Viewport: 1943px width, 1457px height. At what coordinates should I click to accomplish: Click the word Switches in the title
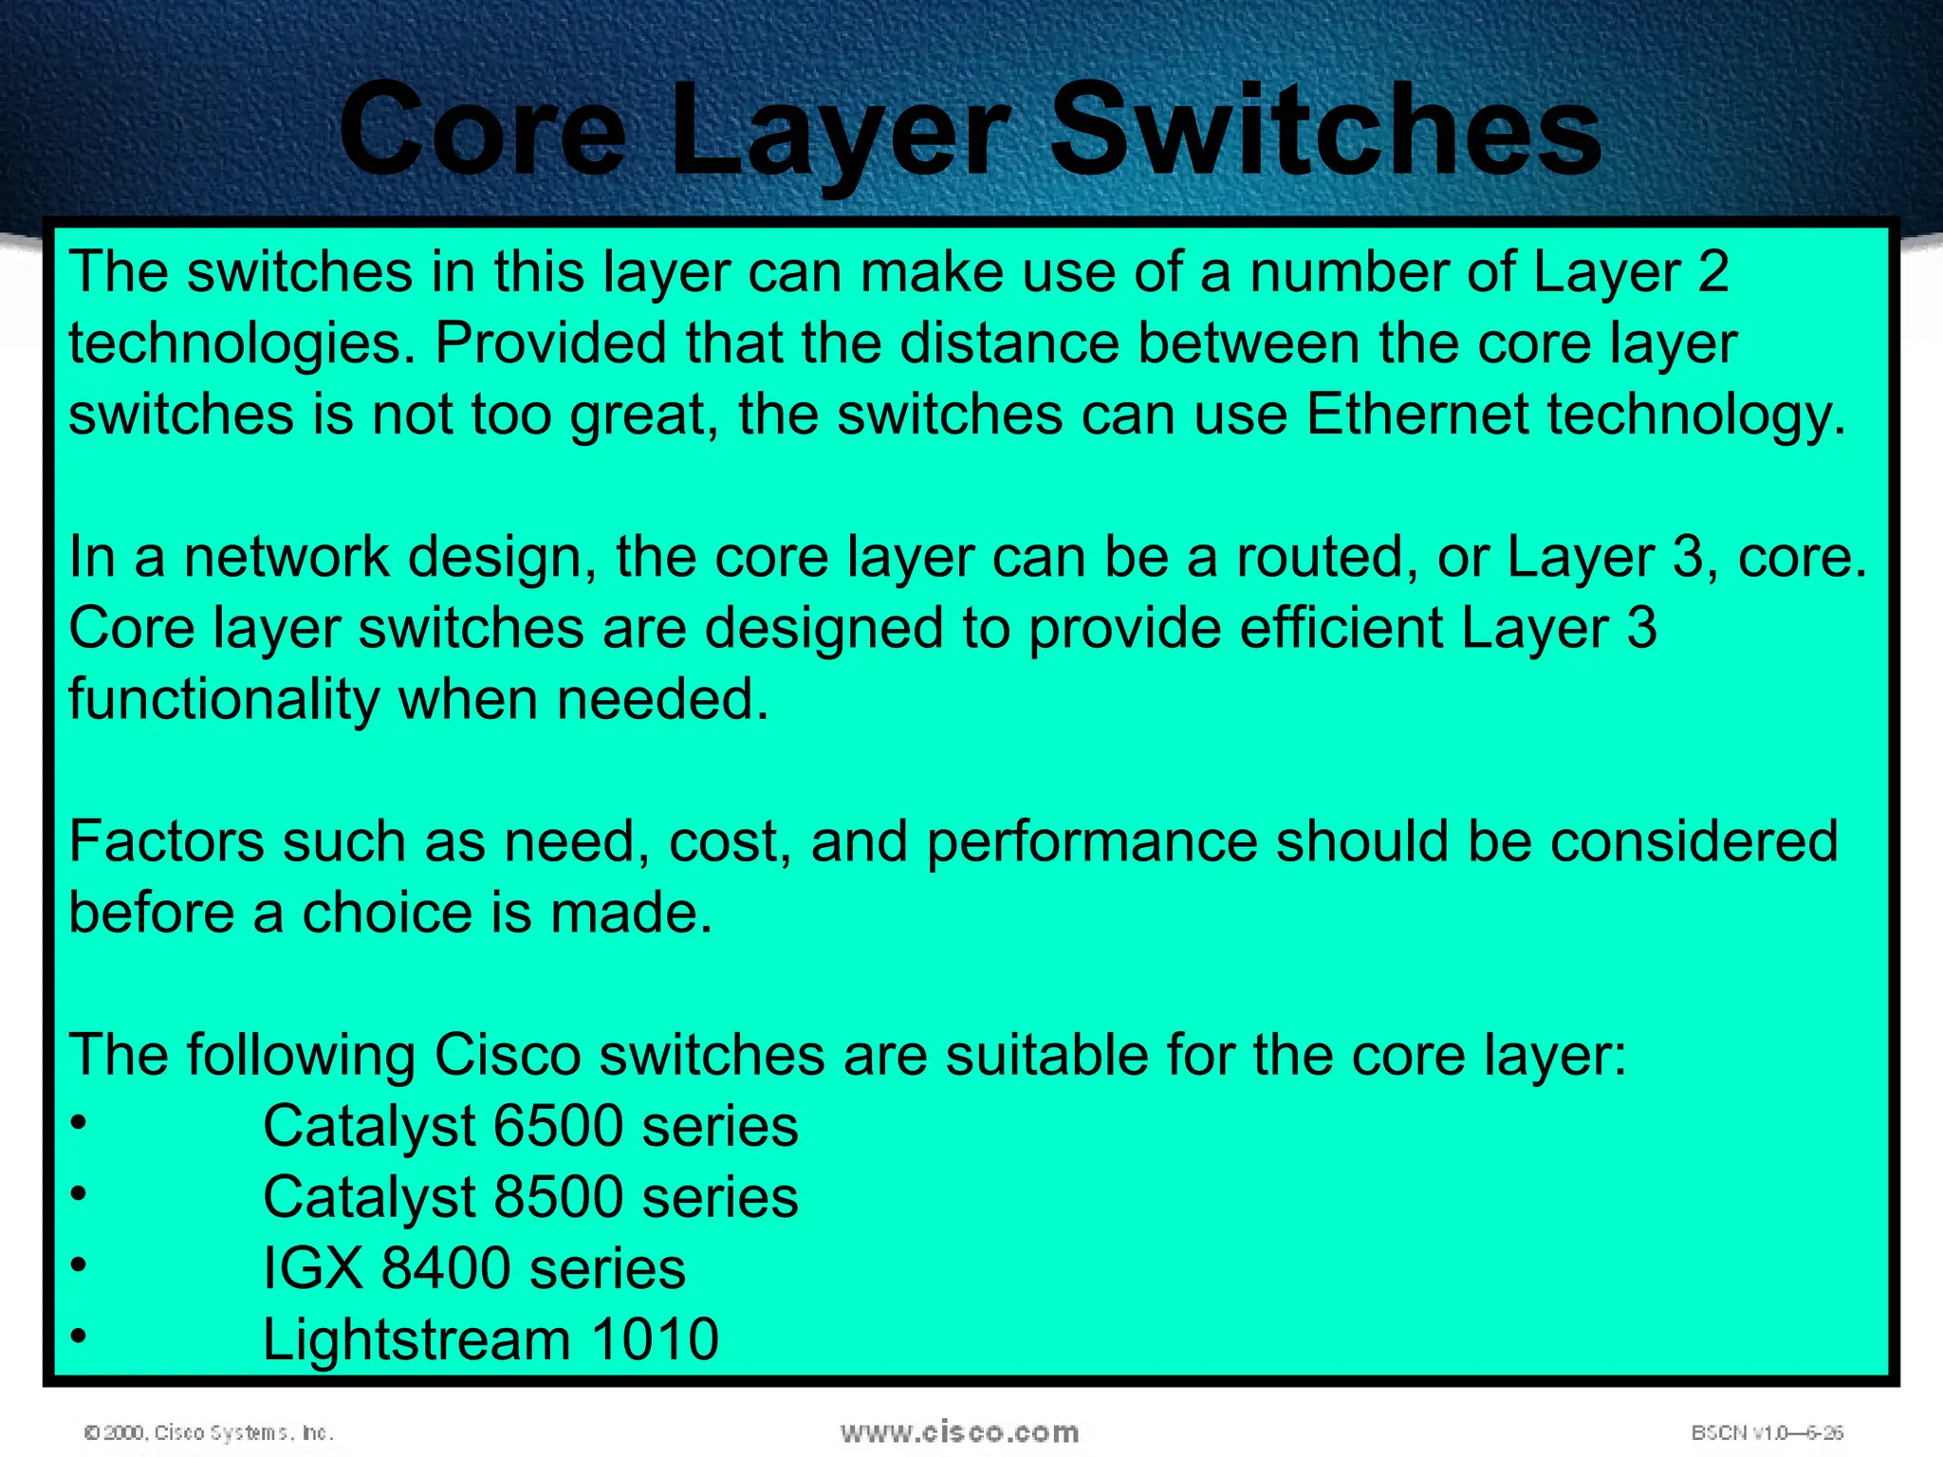1325,130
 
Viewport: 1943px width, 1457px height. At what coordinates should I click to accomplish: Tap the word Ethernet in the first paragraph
1417,415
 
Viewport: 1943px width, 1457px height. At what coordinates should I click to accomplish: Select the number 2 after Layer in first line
1712,272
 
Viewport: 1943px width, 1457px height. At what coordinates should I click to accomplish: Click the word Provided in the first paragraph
551,343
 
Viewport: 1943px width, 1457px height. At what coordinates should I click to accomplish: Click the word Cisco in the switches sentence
507,1055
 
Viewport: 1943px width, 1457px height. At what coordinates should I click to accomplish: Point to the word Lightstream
416,1339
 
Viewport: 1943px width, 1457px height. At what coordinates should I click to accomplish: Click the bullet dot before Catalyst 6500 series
79,1123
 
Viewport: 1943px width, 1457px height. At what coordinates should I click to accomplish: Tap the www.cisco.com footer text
959,1431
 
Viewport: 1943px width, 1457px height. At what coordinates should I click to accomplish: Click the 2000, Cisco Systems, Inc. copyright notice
209,1432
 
